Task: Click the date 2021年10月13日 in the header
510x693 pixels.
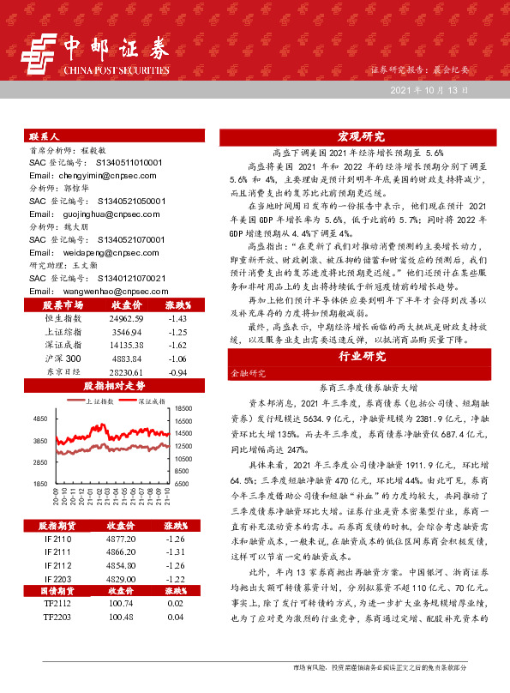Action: [430, 89]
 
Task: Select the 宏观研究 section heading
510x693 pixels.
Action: [360, 136]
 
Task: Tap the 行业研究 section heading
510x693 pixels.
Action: [360, 356]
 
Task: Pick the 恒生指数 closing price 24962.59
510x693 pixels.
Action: [126, 317]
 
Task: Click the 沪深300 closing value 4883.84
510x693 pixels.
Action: [126, 359]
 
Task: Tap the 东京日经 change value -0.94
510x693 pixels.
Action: [177, 373]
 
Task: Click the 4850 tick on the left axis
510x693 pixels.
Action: [39, 419]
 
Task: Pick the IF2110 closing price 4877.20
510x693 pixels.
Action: [119, 539]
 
